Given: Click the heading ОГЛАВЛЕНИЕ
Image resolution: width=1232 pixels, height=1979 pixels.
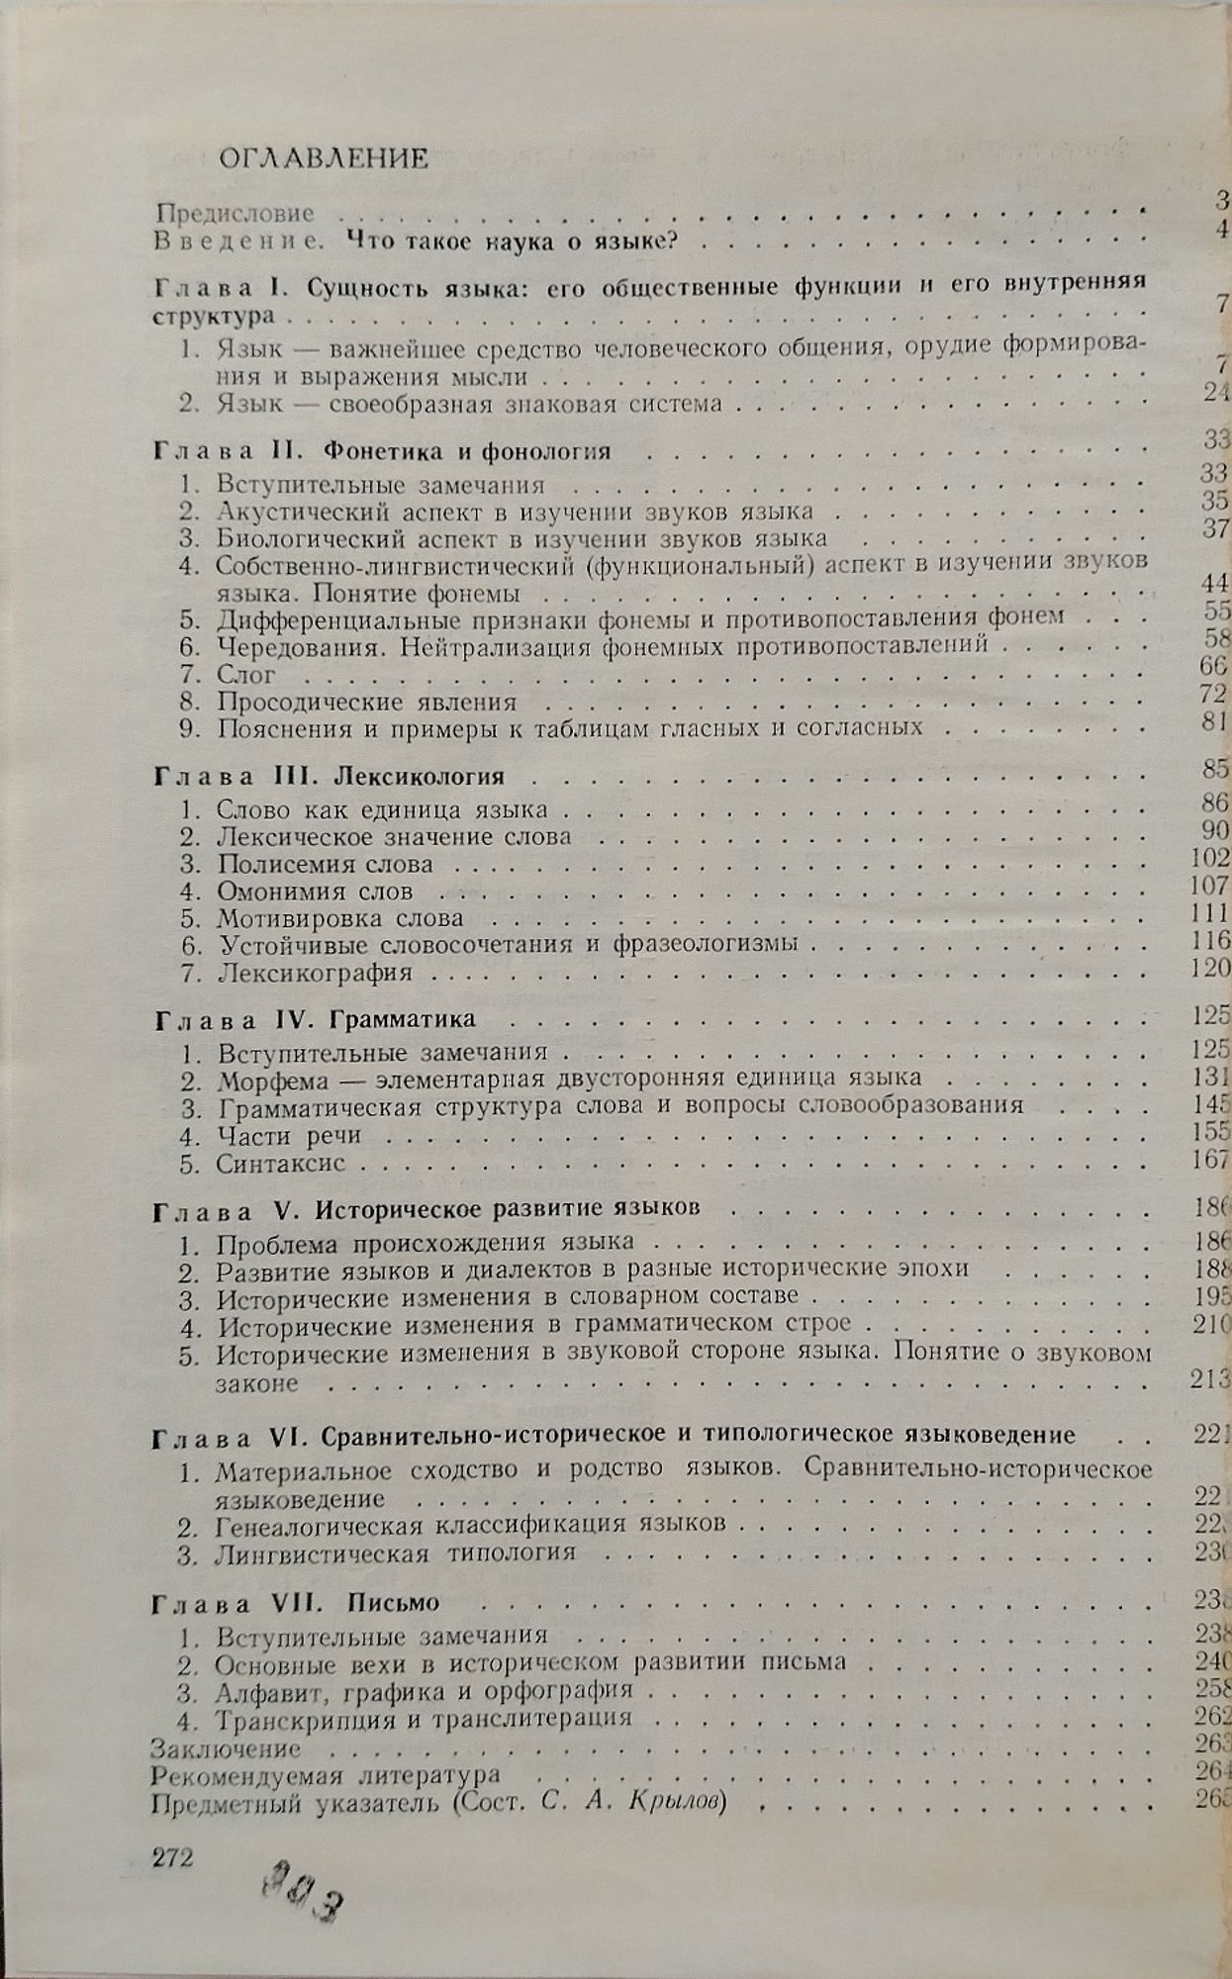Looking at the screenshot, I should pyautogui.click(x=324, y=158).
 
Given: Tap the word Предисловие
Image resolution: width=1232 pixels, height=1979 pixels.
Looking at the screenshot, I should pyautogui.click(x=236, y=213).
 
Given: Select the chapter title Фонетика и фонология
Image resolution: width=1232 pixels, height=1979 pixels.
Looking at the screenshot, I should pyautogui.click(x=467, y=451).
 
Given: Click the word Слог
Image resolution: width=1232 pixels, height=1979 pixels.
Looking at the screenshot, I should pyautogui.click(x=246, y=675).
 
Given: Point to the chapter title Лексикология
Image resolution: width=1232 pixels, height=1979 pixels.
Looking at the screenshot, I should pyautogui.click(x=420, y=776).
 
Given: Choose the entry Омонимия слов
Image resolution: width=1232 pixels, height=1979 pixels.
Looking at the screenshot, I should pyautogui.click(x=315, y=892).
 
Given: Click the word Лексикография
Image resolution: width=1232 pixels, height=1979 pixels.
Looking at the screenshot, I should pyautogui.click(x=315, y=973).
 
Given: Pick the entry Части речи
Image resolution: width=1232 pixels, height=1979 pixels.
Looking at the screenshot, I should pyautogui.click(x=289, y=1136).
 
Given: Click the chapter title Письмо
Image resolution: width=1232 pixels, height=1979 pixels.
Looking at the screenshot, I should pyautogui.click(x=393, y=1603).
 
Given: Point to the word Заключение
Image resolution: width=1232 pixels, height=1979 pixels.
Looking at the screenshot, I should pyautogui.click(x=226, y=1749).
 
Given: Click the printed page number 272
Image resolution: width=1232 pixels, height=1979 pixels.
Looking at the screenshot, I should pyautogui.click(x=172, y=1857).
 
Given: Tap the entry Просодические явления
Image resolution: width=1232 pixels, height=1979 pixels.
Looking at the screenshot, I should pyautogui.click(x=367, y=703).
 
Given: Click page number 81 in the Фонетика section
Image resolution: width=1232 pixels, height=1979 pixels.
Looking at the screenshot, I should pyautogui.click(x=1214, y=721).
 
